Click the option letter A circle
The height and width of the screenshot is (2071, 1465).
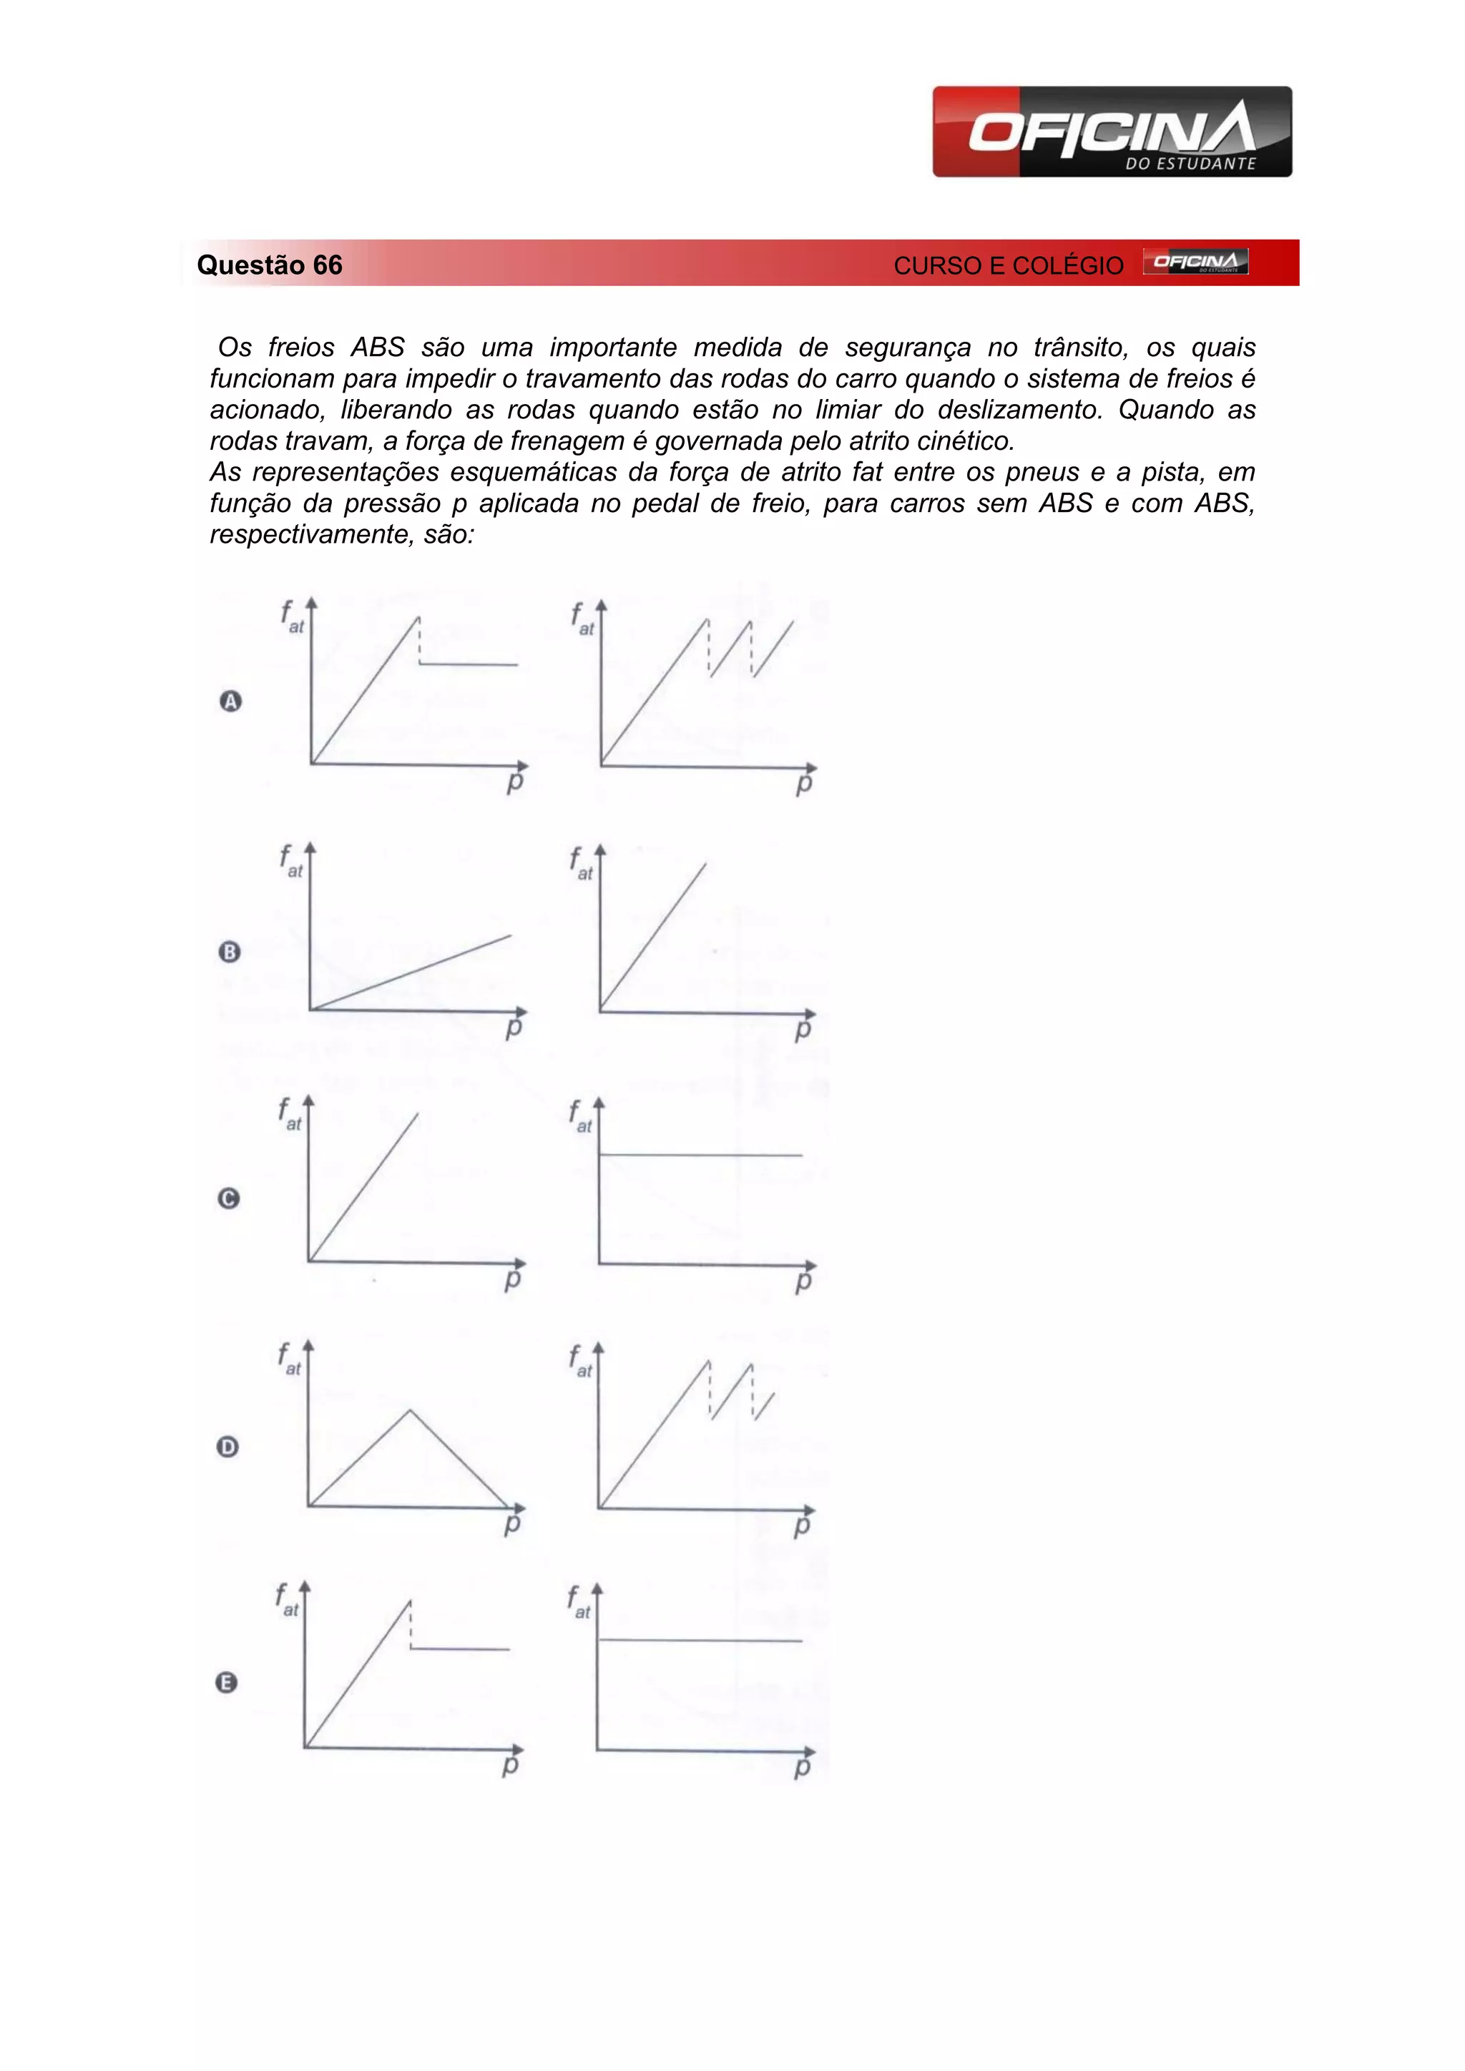[x=231, y=701]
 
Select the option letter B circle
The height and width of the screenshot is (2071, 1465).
[x=230, y=952]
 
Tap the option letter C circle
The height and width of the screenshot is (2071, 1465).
[x=229, y=1198]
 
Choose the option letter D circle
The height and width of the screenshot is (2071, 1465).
[x=228, y=1447]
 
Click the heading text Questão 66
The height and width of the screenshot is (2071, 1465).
[x=270, y=265]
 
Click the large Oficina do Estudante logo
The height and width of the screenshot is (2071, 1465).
[x=1112, y=132]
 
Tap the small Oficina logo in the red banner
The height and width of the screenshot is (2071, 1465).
[x=1195, y=262]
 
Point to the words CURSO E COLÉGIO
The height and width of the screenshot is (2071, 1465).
[x=1009, y=266]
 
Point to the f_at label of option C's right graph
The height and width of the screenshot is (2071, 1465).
[x=580, y=1117]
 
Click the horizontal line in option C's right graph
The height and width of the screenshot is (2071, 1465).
[x=700, y=1154]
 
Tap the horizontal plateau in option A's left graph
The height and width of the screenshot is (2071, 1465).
[x=469, y=665]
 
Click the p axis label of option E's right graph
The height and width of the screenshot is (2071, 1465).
[x=802, y=1768]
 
